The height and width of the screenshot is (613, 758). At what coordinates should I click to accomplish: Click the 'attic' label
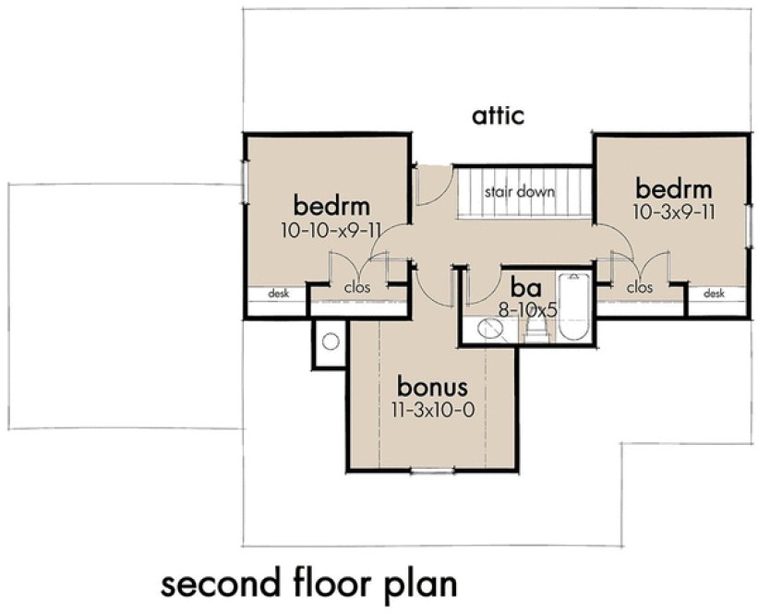click(x=499, y=116)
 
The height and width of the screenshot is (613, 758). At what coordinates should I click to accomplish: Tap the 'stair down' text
click(x=520, y=193)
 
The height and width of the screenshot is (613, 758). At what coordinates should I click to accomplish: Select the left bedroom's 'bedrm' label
click(x=331, y=204)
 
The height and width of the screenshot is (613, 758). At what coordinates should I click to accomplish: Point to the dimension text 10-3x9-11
click(x=677, y=211)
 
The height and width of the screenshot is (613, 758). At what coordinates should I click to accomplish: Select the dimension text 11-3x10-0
click(x=434, y=409)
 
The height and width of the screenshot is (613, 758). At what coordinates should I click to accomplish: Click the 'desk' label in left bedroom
click(x=278, y=294)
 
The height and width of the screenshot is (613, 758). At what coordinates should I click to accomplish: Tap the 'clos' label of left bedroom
click(x=358, y=287)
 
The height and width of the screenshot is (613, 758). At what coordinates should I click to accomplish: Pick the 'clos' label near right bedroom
click(x=639, y=287)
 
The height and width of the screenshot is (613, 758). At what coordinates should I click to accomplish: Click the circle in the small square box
click(x=330, y=342)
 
